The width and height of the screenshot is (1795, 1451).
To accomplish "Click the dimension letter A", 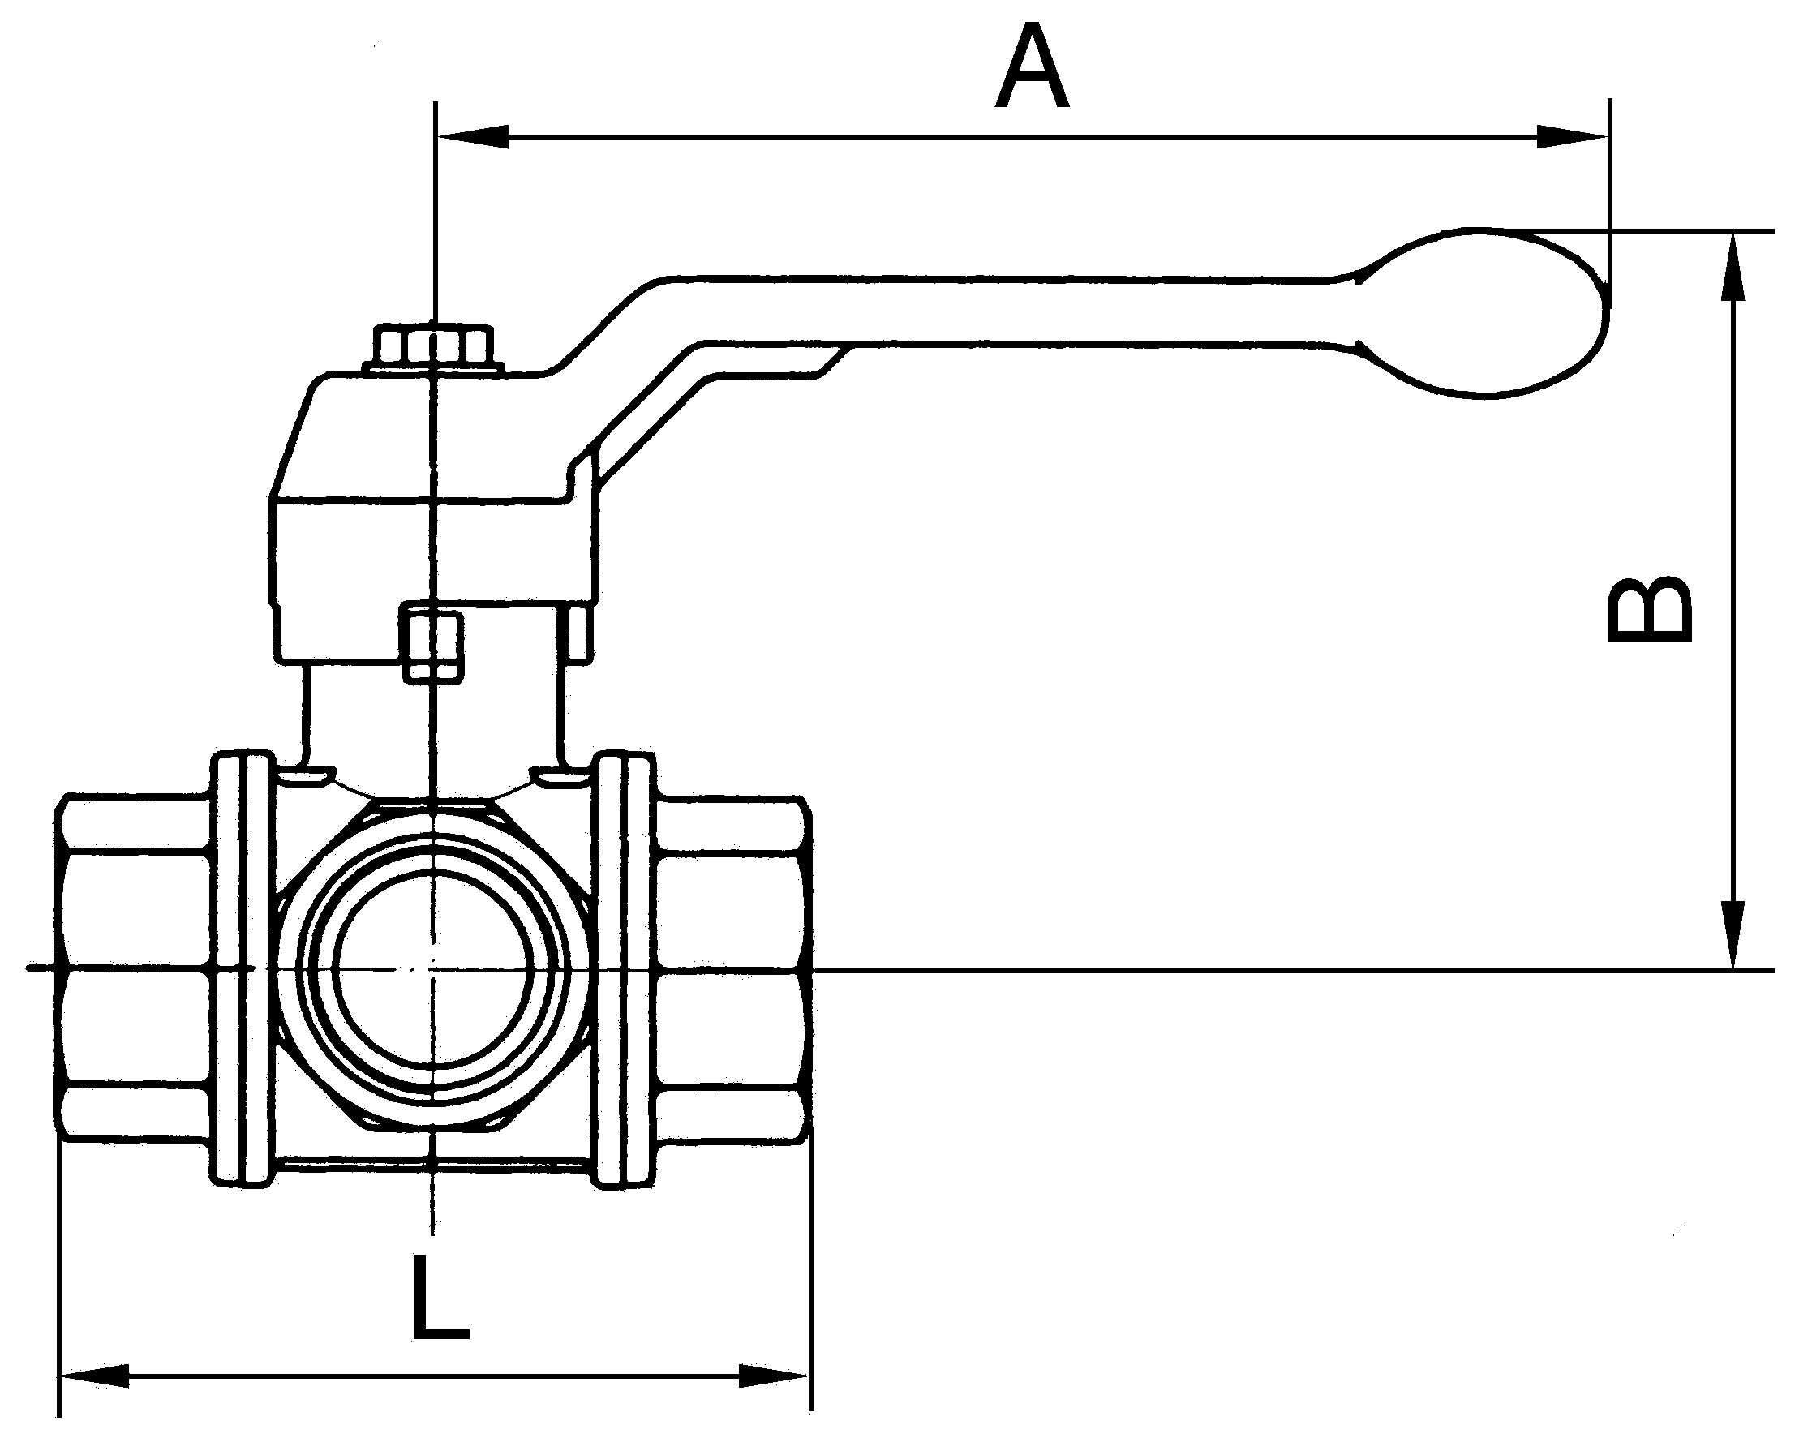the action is [1031, 67].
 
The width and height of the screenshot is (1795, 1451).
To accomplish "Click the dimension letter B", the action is [1649, 608].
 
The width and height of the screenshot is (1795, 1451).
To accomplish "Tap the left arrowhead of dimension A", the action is [473, 135].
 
